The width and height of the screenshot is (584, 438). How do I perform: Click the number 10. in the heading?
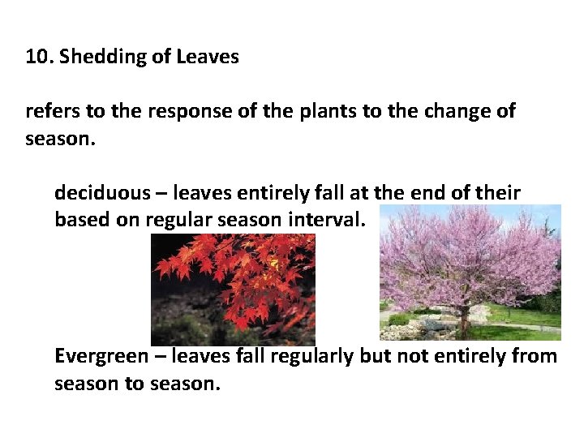39,57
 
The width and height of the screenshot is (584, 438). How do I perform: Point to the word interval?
330,220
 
